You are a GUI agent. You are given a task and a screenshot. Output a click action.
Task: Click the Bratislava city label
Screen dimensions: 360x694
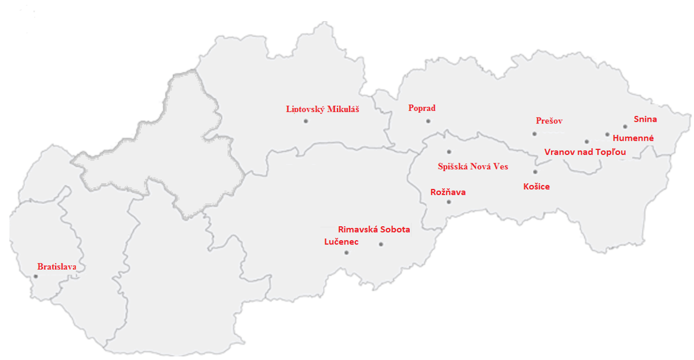click(x=57, y=267)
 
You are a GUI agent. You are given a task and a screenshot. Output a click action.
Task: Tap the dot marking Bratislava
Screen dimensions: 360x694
click(x=36, y=276)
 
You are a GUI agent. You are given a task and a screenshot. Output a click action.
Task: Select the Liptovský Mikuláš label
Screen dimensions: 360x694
click(x=323, y=109)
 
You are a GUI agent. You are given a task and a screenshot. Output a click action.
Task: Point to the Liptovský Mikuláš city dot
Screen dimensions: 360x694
click(x=306, y=121)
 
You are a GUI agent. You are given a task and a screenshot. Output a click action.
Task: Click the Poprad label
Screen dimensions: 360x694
click(x=422, y=108)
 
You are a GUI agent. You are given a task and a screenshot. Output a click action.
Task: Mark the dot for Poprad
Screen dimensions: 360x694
click(x=428, y=121)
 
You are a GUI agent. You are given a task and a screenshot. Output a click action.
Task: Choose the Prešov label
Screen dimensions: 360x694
click(x=549, y=121)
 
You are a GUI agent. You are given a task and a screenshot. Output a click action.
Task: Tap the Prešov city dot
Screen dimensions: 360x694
click(x=534, y=134)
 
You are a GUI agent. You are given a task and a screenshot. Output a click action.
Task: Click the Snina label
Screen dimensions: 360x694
click(x=645, y=119)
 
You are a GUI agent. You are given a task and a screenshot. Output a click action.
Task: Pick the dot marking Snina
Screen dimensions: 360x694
click(x=625, y=127)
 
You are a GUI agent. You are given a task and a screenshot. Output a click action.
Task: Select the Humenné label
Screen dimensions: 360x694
click(x=633, y=138)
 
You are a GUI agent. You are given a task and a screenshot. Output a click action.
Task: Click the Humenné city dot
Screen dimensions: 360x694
click(x=607, y=134)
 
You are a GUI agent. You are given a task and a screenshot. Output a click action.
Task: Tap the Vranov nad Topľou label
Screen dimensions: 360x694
click(x=585, y=152)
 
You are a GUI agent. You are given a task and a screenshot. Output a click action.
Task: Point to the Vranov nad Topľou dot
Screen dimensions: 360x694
click(x=587, y=141)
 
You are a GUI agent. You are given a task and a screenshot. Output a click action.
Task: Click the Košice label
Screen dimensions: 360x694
click(x=537, y=187)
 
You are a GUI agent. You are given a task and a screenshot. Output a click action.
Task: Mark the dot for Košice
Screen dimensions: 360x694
click(x=535, y=172)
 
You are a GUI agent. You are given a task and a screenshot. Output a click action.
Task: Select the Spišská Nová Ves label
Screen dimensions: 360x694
click(x=472, y=167)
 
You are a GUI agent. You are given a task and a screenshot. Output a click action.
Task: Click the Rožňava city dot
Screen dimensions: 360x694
click(x=449, y=202)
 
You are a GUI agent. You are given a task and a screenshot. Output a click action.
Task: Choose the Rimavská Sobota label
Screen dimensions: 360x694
click(x=374, y=230)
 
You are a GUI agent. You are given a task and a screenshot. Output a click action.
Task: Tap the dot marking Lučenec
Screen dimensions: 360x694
click(x=346, y=253)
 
